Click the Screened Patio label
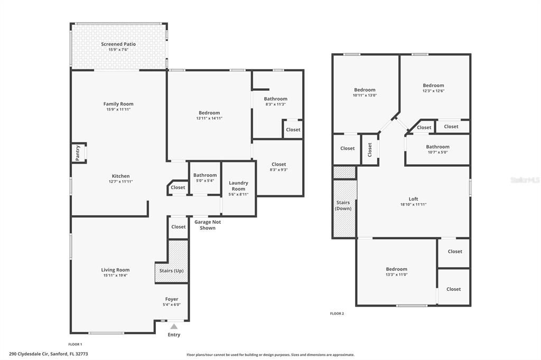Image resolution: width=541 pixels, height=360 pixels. pos(118,44)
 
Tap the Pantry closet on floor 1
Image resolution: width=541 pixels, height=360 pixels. pos(78,154)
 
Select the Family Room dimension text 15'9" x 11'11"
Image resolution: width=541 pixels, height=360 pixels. pos(118,109)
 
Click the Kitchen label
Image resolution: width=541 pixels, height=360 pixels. pos(120,176)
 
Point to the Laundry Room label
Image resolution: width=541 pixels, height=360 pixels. pos(238,186)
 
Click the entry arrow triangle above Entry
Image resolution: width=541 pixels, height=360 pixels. pos(173,326)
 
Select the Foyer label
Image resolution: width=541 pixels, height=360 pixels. pos(172,299)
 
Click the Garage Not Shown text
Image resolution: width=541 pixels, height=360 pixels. pos(208,225)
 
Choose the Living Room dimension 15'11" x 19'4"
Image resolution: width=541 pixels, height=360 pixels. pos(115,276)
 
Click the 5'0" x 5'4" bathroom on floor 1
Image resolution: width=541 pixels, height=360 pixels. pos(204,178)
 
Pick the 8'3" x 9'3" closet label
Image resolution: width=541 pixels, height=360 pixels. pos(278,167)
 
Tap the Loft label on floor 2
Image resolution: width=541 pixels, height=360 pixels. pos(413,199)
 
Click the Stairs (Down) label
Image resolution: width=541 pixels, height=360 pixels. pos(343,205)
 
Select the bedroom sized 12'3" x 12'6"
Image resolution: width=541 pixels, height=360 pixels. pos(433,88)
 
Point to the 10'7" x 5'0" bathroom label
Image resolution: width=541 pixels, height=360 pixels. pos(437,149)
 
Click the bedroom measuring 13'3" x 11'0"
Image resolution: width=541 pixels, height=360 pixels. pos(396,271)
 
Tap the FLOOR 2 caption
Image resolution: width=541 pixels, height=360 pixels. pos(337,314)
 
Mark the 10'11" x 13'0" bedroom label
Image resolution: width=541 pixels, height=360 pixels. pos(365,92)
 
